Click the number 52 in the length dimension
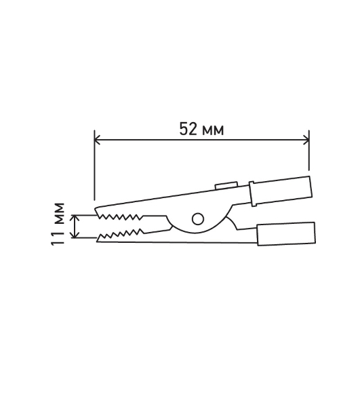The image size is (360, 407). tap(188, 129)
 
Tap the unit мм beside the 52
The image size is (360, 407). tap(213, 130)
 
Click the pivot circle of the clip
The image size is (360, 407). tap(198, 219)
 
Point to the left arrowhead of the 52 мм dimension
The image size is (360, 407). tap(97, 140)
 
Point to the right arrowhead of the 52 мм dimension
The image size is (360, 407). tap(306, 140)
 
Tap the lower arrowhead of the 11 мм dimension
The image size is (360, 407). tap(75, 235)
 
